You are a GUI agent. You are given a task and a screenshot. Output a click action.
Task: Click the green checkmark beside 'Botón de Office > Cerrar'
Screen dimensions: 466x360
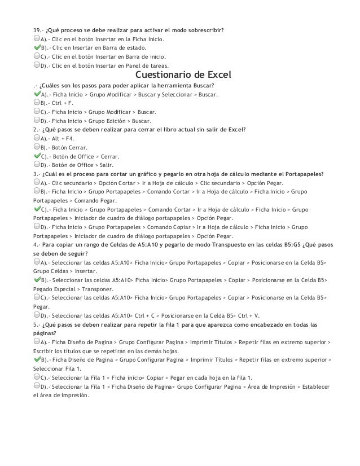[x=36, y=156]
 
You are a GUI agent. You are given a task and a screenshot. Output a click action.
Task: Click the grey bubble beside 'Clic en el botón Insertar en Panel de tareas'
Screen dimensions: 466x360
[x=36, y=66]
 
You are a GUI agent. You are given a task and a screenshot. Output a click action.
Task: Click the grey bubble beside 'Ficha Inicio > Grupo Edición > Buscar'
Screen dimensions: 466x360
[x=36, y=121]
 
